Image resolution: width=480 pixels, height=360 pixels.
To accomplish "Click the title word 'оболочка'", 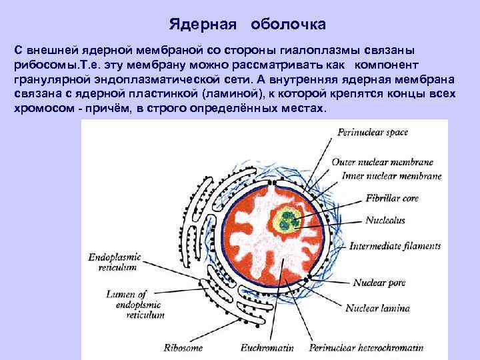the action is [x=288, y=25].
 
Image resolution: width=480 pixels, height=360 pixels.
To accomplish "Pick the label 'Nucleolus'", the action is [x=385, y=219].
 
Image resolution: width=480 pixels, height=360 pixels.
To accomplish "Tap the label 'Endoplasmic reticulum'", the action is [x=112, y=261].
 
